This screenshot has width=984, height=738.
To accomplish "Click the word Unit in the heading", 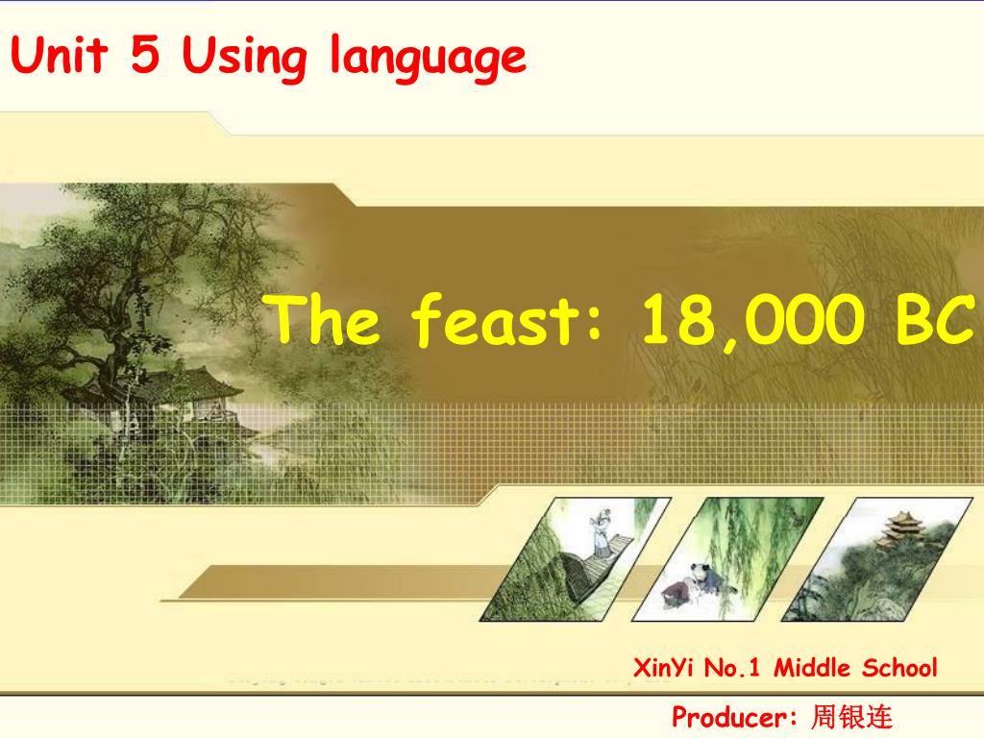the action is [x=59, y=55].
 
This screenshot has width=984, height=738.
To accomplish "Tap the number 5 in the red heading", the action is [x=145, y=54].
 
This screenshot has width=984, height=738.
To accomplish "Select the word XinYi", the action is [x=663, y=668].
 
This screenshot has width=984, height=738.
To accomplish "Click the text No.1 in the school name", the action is [x=731, y=668].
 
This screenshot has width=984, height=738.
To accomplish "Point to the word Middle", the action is [x=812, y=668].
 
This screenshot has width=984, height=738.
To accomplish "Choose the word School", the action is [x=899, y=668].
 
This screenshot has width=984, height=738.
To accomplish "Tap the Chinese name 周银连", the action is [x=851, y=717].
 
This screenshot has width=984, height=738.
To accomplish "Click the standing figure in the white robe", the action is [x=602, y=532].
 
